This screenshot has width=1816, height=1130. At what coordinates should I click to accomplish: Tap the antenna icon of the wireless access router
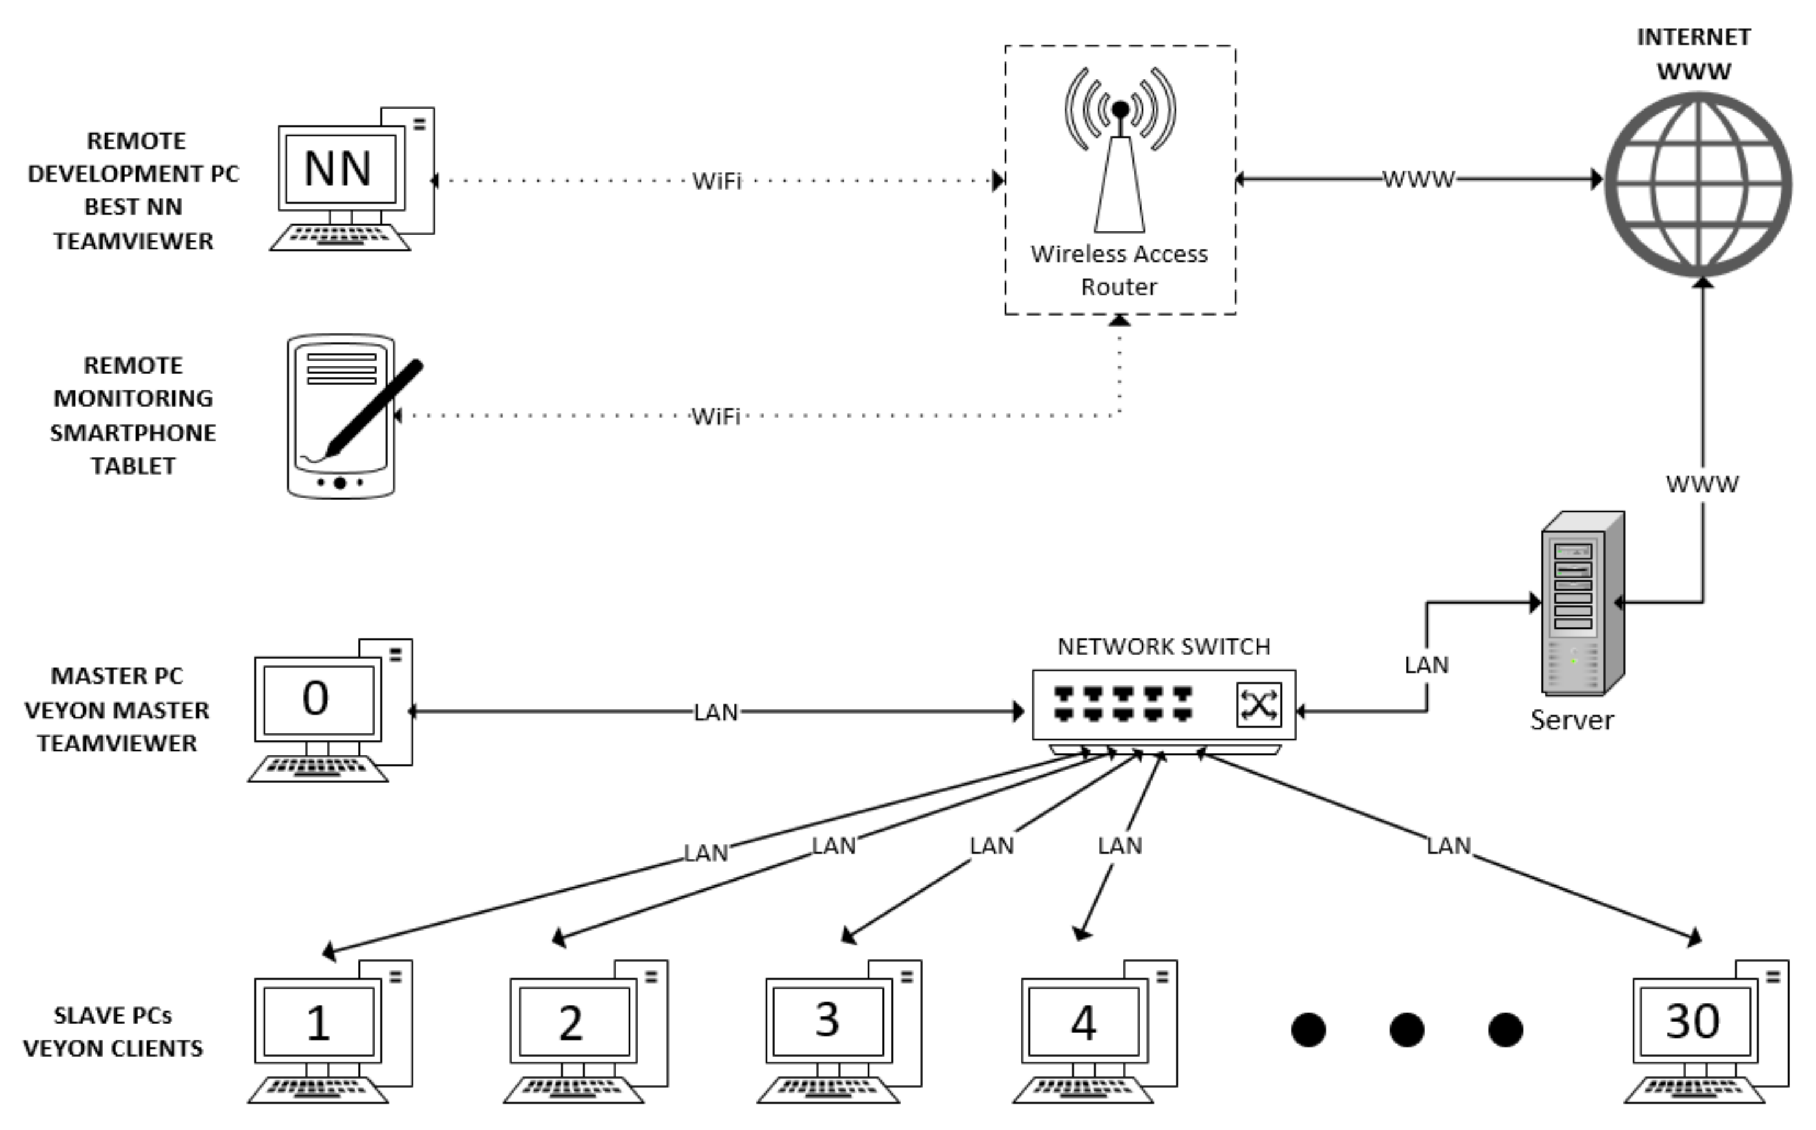(1119, 149)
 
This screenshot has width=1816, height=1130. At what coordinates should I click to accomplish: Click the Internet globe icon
(1698, 185)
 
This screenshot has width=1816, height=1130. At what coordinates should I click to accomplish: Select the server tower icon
(1581, 604)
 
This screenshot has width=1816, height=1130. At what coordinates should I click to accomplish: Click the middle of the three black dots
(1406, 1030)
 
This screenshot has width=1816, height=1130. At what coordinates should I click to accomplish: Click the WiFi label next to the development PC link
(716, 181)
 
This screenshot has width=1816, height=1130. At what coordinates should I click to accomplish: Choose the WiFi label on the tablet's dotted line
(715, 416)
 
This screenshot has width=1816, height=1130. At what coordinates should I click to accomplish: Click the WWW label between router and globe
(1418, 179)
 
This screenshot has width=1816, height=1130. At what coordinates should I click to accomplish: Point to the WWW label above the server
(1702, 484)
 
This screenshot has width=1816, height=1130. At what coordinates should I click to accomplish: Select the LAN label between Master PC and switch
(715, 712)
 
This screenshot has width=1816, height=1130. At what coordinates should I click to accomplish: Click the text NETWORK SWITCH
(1163, 646)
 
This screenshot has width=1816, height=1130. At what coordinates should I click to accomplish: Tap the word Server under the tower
(1571, 720)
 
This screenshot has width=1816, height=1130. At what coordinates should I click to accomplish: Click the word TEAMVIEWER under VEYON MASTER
(117, 744)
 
